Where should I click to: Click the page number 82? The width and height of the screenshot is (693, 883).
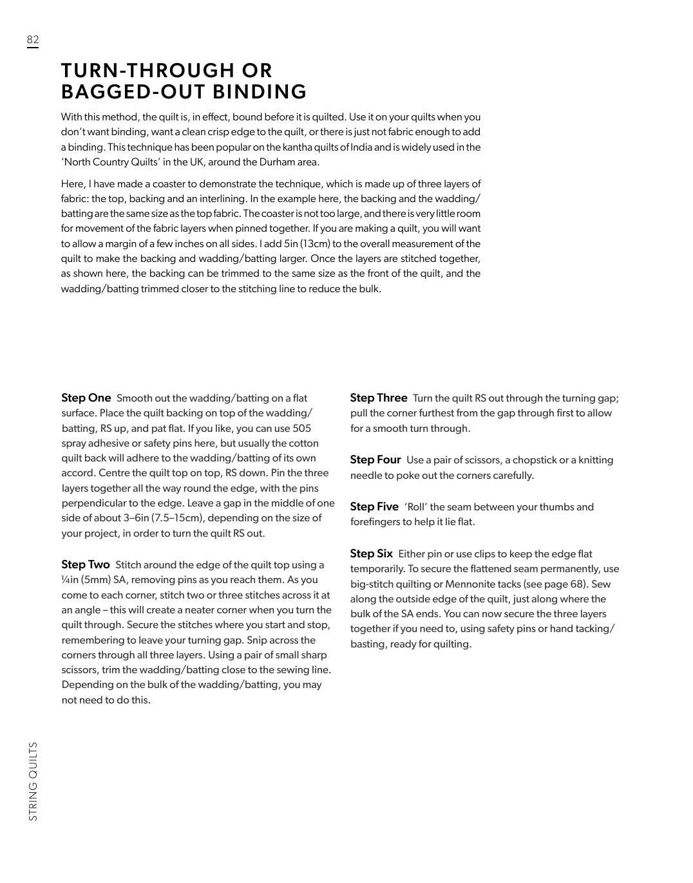[33, 40]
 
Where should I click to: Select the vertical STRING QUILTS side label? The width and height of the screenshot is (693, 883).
[33, 781]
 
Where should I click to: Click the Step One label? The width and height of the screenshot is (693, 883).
[86, 398]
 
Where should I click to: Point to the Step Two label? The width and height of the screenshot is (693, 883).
[86, 564]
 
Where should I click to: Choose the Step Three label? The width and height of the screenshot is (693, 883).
[379, 398]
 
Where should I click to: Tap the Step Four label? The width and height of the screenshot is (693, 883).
[375, 460]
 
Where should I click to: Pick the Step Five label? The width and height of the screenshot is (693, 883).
[374, 507]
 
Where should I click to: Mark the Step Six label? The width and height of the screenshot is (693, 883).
[372, 553]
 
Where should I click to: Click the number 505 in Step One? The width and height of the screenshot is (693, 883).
[302, 428]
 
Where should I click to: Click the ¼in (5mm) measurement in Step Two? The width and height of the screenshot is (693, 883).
[86, 580]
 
